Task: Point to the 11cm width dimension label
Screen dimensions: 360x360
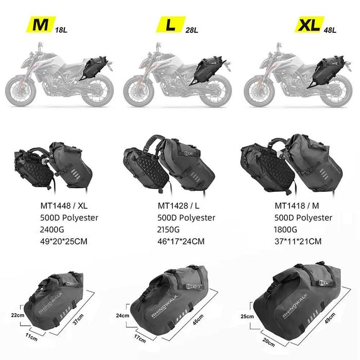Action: (x=32, y=338)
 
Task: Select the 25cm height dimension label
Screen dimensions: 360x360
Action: (x=248, y=316)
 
